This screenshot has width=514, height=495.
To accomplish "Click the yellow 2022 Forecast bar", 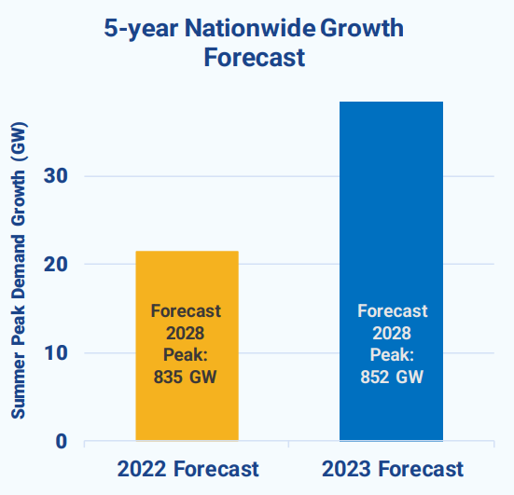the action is coord(188,346).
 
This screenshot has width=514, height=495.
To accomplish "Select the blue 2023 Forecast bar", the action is coord(391,271).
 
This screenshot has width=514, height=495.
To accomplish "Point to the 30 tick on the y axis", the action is coord(56,176).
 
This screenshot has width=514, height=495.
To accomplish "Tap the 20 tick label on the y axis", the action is coord(56,264).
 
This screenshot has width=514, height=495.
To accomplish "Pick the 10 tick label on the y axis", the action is coord(56,353).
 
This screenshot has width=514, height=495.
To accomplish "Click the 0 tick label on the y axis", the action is coord(62,441).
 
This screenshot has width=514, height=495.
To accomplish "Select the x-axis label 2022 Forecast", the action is coord(188,469).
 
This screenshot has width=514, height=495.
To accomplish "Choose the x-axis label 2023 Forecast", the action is coord(393,469).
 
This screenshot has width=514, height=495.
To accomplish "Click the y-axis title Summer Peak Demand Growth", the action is coord(19,295).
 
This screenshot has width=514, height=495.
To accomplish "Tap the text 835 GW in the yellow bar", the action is coord(186,377).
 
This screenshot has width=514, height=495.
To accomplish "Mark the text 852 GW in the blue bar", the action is coord(392,377).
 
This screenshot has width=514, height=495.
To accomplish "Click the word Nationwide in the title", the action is coord(250,28).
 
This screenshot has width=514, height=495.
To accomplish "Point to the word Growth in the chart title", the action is coord(362,28).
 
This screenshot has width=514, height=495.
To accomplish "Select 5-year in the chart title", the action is coord(141,29).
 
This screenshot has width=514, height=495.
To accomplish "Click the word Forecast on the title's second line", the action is coord(255,57).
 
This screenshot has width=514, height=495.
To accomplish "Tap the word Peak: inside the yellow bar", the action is coord(186,355).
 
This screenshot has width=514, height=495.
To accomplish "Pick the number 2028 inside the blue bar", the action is coord(392,333).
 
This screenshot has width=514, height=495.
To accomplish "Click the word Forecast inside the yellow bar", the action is coord(186,310).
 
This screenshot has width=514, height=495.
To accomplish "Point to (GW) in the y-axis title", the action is coord(19,142).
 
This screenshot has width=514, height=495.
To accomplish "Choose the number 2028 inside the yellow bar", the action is coord(186,333).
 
